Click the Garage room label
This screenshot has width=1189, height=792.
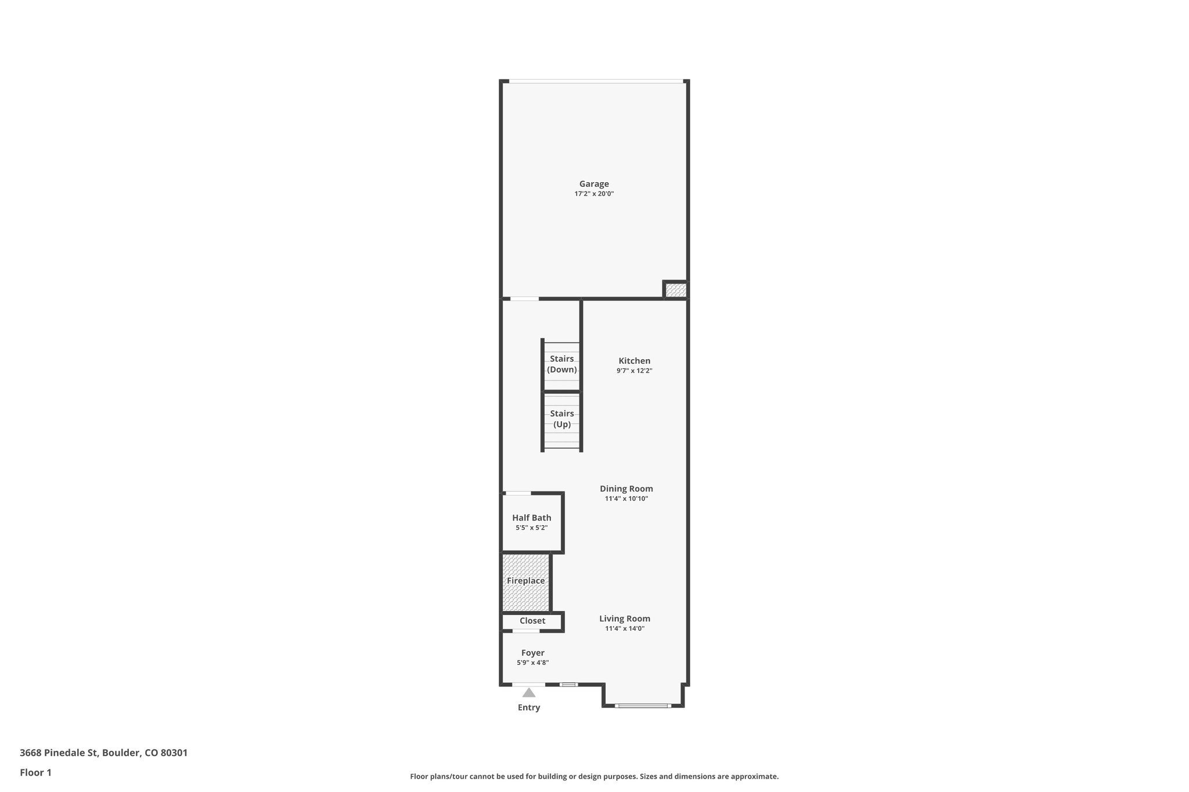(x=594, y=184)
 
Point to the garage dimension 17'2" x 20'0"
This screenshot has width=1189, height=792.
(x=594, y=194)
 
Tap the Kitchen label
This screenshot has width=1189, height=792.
(x=634, y=361)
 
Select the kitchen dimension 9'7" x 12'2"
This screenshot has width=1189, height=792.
(x=634, y=371)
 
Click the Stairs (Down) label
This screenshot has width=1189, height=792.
(x=562, y=364)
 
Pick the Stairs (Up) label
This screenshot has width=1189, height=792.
(x=562, y=419)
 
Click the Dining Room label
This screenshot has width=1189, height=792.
(x=626, y=489)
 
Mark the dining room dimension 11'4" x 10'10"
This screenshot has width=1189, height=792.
(x=626, y=498)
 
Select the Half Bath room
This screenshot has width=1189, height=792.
(x=532, y=518)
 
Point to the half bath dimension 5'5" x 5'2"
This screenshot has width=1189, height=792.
(x=532, y=528)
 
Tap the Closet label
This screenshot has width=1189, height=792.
(x=532, y=621)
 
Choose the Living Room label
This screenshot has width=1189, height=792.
(x=625, y=619)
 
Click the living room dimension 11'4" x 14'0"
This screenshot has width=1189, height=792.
(x=625, y=628)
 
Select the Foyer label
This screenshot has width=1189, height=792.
(x=533, y=653)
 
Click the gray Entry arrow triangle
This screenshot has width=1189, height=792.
(x=528, y=693)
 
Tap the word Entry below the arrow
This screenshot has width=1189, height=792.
(x=529, y=707)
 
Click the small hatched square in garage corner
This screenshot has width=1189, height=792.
(x=676, y=290)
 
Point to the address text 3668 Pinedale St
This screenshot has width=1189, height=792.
(x=103, y=753)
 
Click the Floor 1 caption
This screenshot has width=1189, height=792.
(x=35, y=772)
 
